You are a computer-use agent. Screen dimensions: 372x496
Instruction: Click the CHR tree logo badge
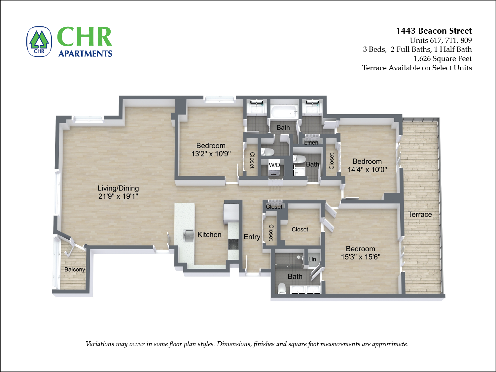39,42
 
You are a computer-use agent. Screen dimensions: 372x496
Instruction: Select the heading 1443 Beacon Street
434,31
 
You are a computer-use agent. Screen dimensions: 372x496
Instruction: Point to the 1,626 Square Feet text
443,59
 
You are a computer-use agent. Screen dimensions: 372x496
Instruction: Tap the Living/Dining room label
118,188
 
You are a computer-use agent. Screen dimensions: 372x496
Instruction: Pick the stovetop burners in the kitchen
233,244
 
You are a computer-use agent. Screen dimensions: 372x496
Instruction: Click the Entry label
252,237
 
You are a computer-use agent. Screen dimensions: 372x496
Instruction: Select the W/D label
274,165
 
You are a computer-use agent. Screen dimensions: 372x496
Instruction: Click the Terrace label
420,215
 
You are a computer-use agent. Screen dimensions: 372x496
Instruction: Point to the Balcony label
75,269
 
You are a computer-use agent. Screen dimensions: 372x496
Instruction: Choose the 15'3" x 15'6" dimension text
361,257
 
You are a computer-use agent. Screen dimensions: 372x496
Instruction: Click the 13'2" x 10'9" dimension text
211,153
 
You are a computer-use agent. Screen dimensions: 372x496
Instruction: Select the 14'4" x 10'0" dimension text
367,169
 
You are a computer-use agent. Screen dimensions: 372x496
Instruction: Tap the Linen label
311,143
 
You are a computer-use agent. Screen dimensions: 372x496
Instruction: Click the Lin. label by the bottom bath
313,259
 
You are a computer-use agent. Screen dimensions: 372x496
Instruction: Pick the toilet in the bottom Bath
282,288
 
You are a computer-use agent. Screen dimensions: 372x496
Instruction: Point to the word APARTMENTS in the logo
85,53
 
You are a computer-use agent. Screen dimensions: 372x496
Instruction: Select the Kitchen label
209,235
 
